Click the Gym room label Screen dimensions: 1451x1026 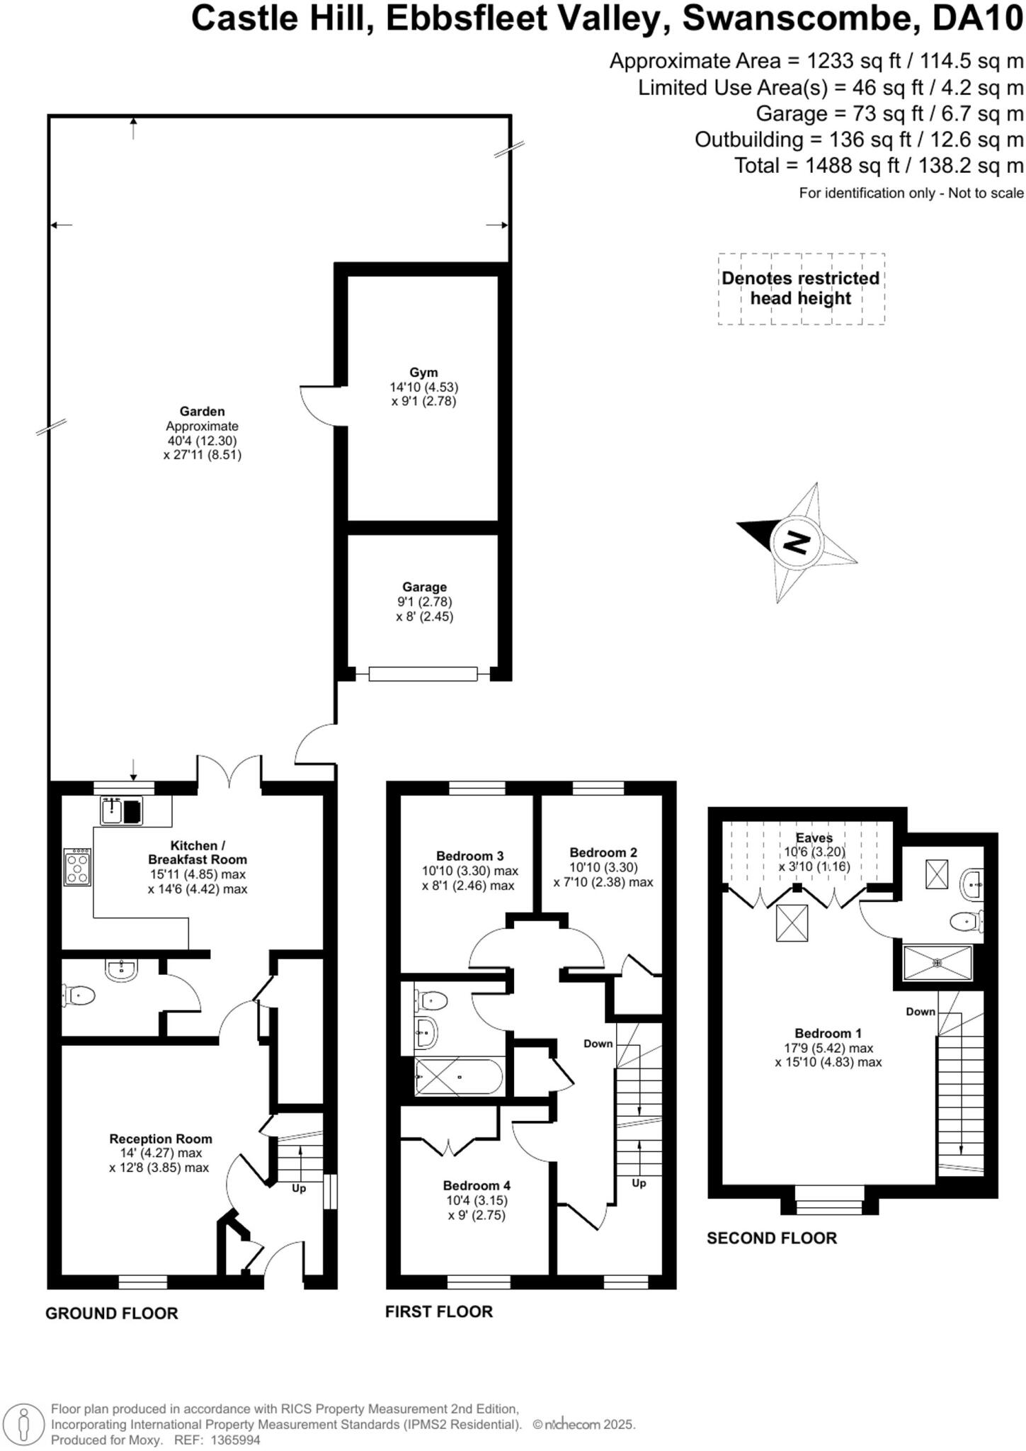(423, 373)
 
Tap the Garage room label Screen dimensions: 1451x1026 (424, 587)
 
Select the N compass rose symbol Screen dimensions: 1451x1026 (797, 543)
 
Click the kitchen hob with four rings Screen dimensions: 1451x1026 (77, 867)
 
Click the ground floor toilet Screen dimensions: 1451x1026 (78, 995)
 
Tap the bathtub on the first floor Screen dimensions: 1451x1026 (459, 1077)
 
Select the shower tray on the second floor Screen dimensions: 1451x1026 (937, 963)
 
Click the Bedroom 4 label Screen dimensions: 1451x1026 (477, 1185)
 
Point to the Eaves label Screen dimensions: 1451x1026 (814, 837)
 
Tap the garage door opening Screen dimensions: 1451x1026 (423, 674)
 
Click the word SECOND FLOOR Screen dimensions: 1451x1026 (772, 1238)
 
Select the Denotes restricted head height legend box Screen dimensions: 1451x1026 (801, 288)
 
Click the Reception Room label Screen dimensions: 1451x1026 (160, 1139)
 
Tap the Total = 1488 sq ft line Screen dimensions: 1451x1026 (878, 166)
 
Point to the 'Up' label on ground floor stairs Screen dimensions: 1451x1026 (299, 1188)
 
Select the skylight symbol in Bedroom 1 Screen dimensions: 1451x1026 (792, 923)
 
